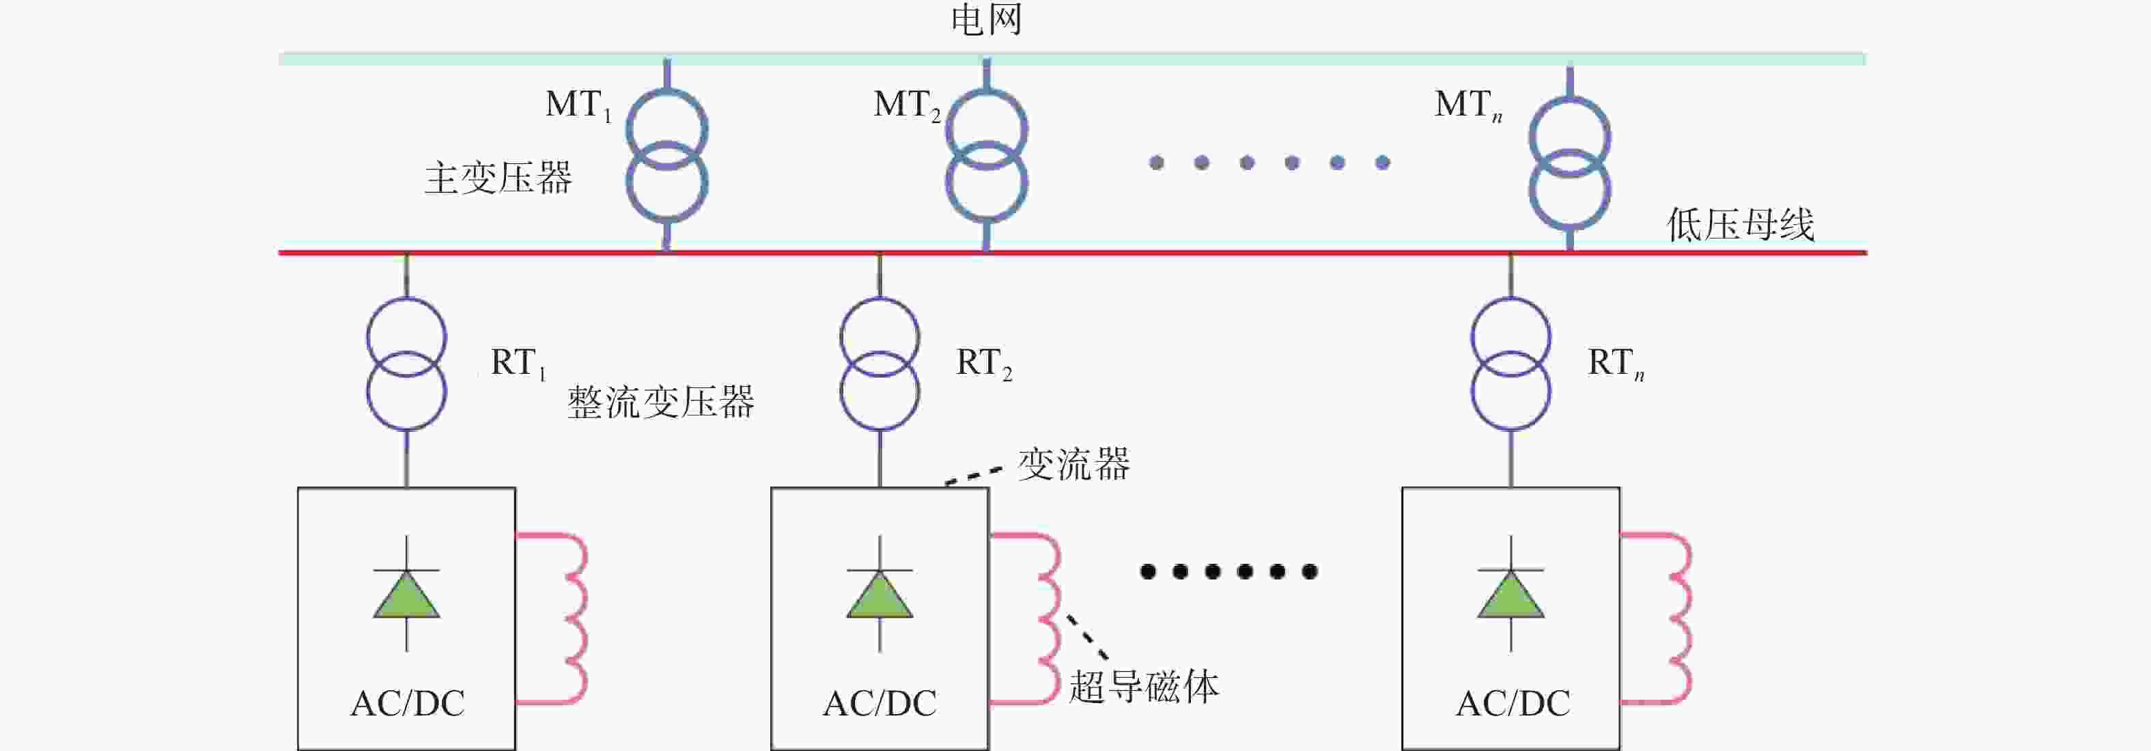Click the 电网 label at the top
point(986,19)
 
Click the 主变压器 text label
point(498,178)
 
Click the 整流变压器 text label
point(660,402)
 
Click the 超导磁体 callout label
point(1144,687)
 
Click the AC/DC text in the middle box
point(880,703)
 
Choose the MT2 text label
point(907,105)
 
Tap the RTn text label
point(1616,364)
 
